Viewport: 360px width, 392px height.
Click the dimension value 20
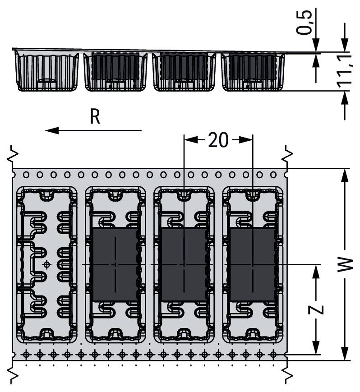pyautogui.click(x=218, y=141)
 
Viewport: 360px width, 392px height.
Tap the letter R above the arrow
pyautogui.click(x=94, y=117)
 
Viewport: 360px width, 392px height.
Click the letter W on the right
pyautogui.click(x=345, y=265)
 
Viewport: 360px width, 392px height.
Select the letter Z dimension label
pyautogui.click(x=317, y=309)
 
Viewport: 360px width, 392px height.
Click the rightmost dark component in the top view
pyautogui.click(x=252, y=264)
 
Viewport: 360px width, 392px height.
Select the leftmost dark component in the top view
pyautogui.click(x=115, y=264)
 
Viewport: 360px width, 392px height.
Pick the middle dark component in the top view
pyautogui.click(x=184, y=264)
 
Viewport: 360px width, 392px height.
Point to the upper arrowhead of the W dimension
pyautogui.click(x=345, y=174)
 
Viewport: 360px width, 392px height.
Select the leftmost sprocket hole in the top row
pyautogui.click(x=26, y=174)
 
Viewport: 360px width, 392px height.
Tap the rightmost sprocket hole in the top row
pyautogui.click(x=273, y=174)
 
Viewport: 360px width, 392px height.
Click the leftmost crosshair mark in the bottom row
pyautogui.click(x=26, y=353)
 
